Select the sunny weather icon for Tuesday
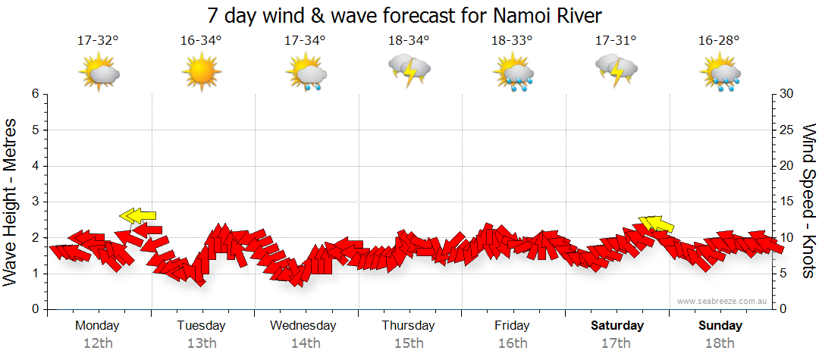(x=202, y=72)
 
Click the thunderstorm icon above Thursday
(x=409, y=70)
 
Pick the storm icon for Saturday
(x=616, y=70)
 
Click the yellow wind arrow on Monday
(x=138, y=216)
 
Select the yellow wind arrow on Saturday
(x=657, y=223)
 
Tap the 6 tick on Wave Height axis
(x=34, y=94)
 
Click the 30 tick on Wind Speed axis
(x=787, y=94)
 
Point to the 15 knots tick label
(x=787, y=202)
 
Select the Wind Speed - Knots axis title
(x=808, y=202)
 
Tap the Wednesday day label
(x=303, y=326)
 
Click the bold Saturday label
(x=617, y=326)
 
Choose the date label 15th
(x=409, y=343)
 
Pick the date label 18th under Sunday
(x=720, y=343)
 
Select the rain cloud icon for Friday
(x=512, y=74)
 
